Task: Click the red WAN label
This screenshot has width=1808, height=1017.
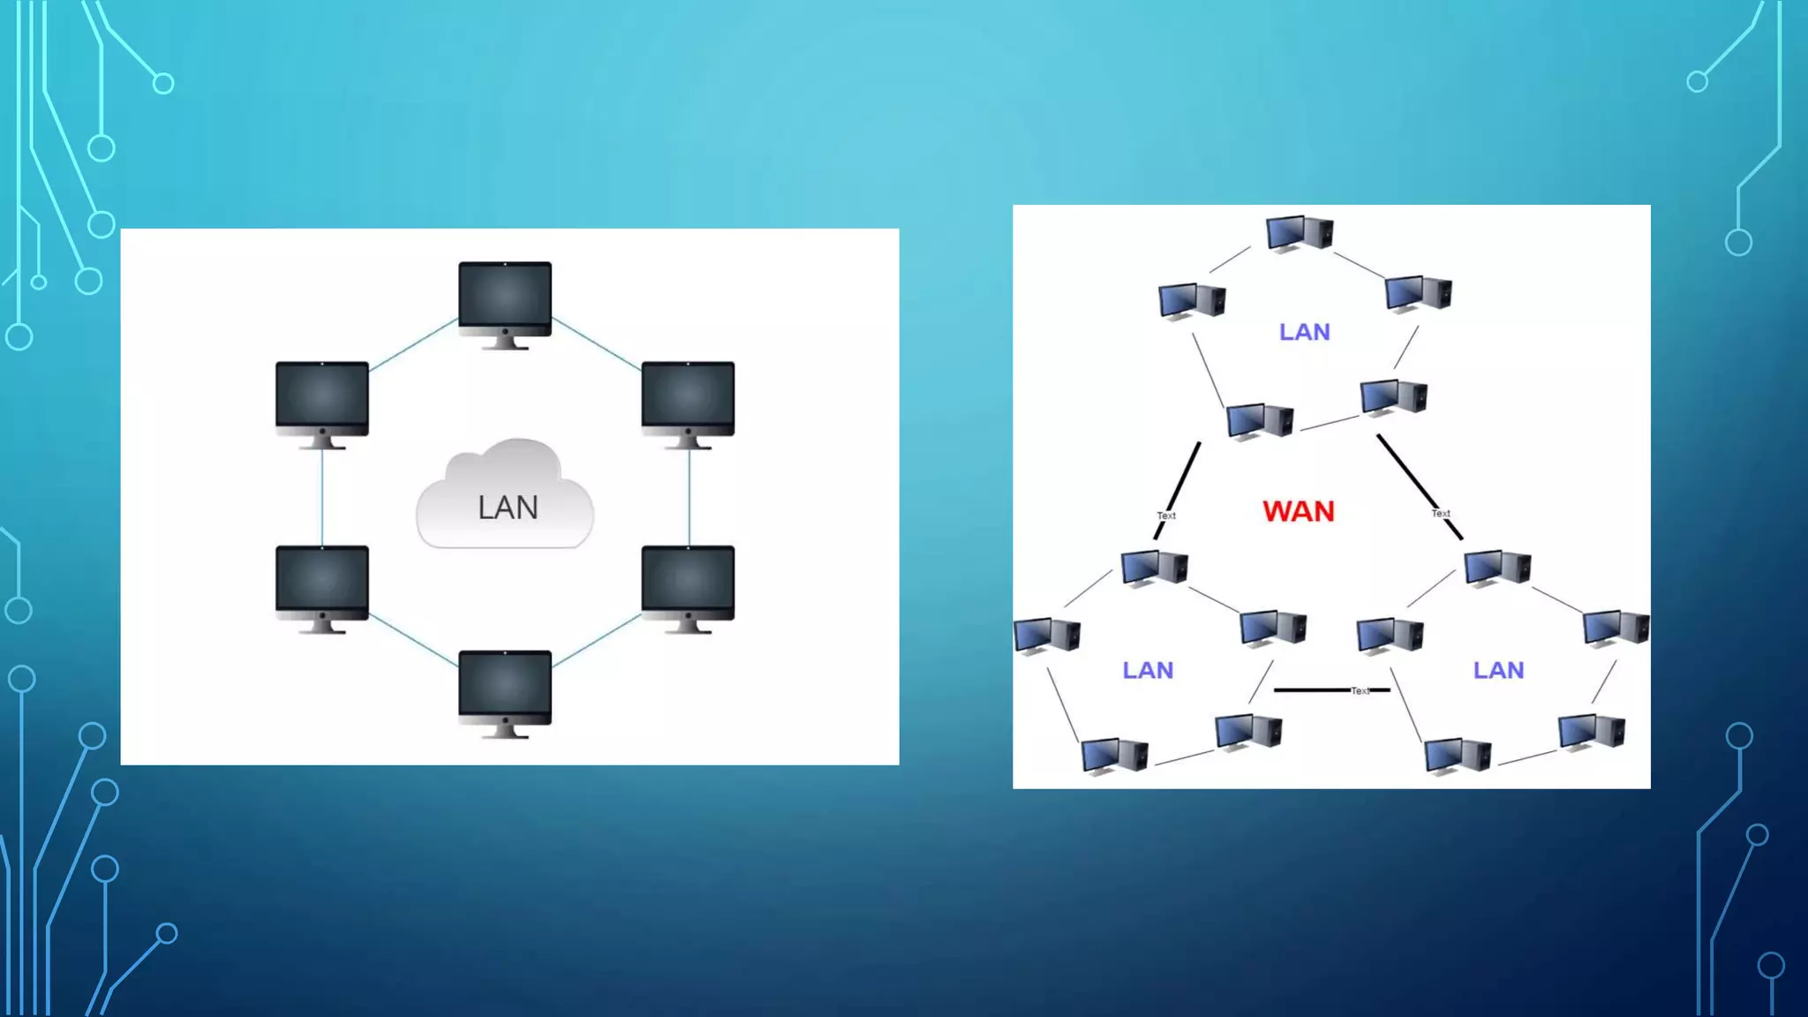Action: pyautogui.click(x=1298, y=511)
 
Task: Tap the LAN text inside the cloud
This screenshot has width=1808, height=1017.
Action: pyautogui.click(x=508, y=508)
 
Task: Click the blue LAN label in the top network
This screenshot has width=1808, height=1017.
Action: pyautogui.click(x=1304, y=332)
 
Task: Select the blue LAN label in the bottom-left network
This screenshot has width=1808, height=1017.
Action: pyautogui.click(x=1148, y=670)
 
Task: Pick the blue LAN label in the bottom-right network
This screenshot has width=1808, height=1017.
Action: pyautogui.click(x=1498, y=670)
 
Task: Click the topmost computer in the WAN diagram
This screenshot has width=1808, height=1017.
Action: pyautogui.click(x=1299, y=233)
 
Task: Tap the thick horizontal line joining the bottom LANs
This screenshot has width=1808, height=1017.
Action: pyautogui.click(x=1311, y=689)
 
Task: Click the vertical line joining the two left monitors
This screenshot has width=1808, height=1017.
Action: pyautogui.click(x=322, y=497)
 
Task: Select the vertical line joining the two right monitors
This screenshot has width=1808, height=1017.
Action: pyautogui.click(x=689, y=497)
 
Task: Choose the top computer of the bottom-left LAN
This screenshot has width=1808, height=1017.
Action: pyautogui.click(x=1154, y=568)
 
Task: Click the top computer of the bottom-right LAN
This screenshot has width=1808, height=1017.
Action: pyautogui.click(x=1497, y=568)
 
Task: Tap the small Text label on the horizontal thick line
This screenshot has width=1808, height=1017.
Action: pyautogui.click(x=1360, y=691)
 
